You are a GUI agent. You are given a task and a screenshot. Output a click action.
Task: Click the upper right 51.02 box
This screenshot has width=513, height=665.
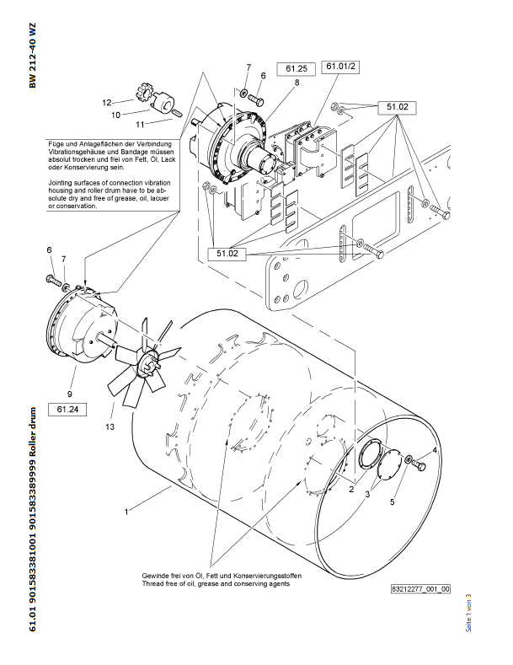[x=398, y=107]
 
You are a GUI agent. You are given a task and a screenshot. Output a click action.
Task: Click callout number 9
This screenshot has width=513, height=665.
[x=70, y=394]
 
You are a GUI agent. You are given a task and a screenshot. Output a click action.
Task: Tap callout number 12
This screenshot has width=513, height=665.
[x=107, y=103]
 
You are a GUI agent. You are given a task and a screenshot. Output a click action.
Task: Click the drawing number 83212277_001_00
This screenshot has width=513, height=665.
[x=420, y=590]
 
